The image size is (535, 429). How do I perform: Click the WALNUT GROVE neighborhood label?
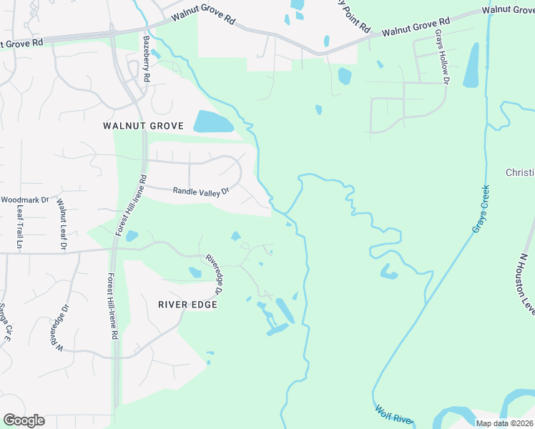point(143,126)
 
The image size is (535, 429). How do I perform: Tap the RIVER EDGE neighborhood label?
point(187,304)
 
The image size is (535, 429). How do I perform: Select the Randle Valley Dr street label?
point(201,191)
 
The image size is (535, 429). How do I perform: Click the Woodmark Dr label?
point(24,200)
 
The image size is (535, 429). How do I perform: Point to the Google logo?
point(24,420)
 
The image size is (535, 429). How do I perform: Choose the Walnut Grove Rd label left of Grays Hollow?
point(415,28)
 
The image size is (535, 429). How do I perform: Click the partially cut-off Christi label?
point(520,173)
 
